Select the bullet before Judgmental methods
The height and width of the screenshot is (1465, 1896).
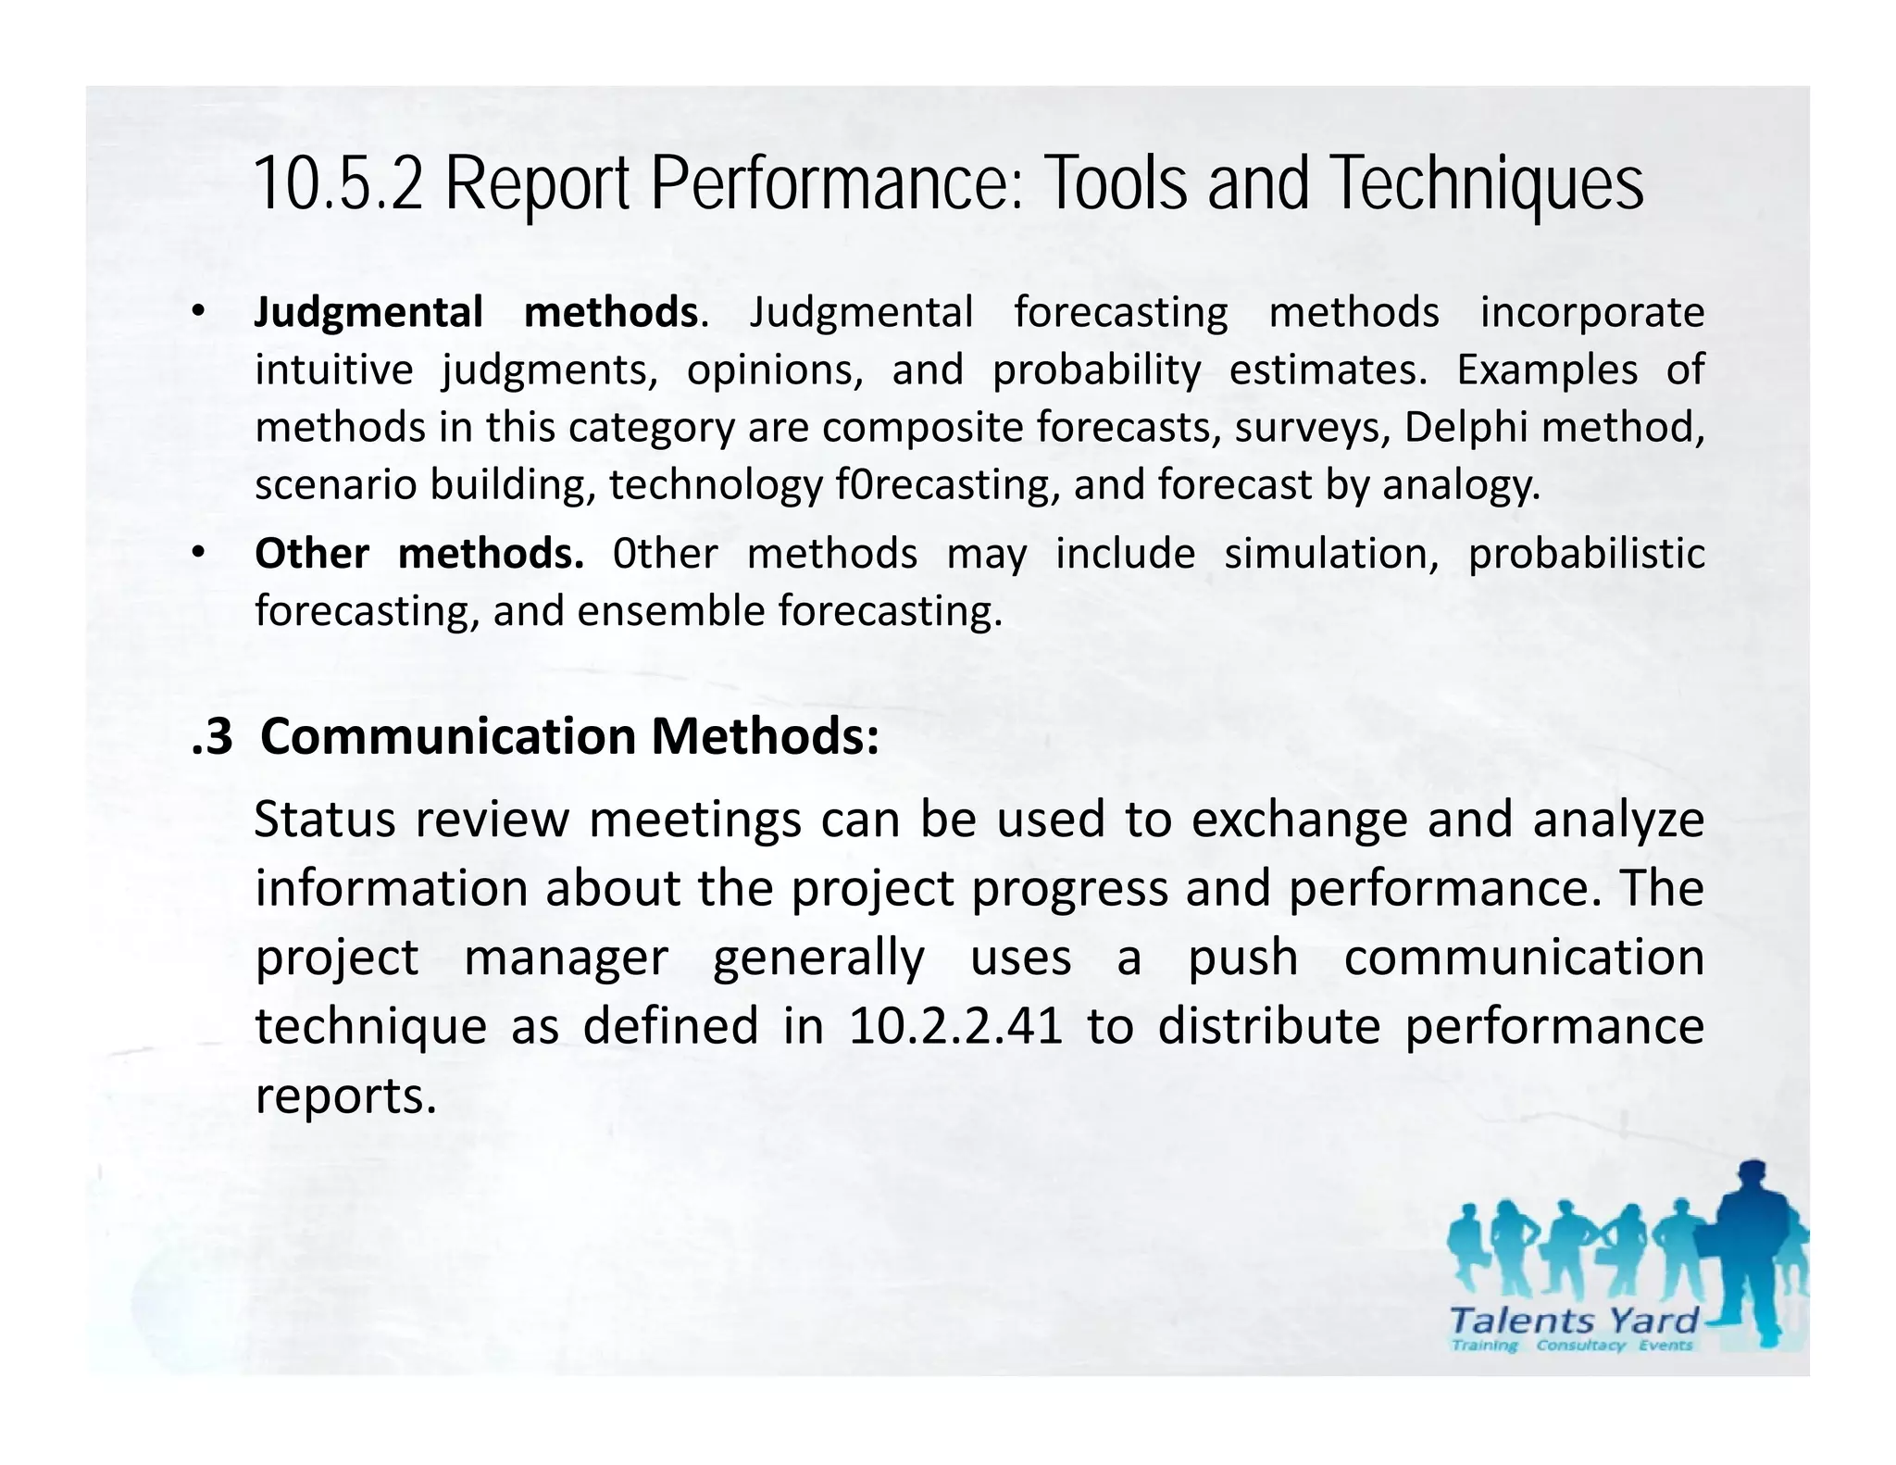(x=196, y=312)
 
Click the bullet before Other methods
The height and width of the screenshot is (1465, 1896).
(x=196, y=554)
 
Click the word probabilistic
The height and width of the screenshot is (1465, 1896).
(x=1586, y=554)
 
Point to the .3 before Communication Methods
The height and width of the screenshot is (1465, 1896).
(x=212, y=737)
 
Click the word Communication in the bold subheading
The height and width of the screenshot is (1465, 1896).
(x=448, y=737)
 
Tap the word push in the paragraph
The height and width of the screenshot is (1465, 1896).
(x=1242, y=958)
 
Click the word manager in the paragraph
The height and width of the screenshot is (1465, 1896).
(x=566, y=958)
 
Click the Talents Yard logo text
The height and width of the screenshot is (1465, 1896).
(x=1574, y=1321)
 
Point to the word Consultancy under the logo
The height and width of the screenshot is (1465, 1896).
(x=1580, y=1346)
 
